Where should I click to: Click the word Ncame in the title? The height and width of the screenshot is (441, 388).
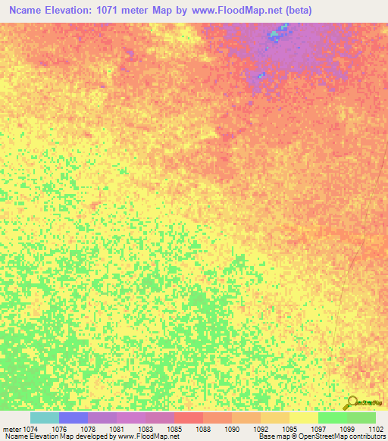pyautogui.click(x=27, y=11)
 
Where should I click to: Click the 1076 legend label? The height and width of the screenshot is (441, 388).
pyautogui.click(x=59, y=428)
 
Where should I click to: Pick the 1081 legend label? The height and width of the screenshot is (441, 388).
pyautogui.click(x=117, y=428)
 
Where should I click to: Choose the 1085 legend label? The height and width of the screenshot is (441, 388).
pyautogui.click(x=174, y=428)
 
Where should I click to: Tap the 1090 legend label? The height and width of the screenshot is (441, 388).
pyautogui.click(x=232, y=428)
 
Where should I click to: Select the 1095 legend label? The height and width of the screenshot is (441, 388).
pyautogui.click(x=289, y=428)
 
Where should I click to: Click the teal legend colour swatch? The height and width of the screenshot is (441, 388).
pyautogui.click(x=45, y=418)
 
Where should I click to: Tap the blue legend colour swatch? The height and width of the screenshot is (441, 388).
pyautogui.click(x=74, y=418)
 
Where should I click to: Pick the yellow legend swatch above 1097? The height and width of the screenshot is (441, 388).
pyautogui.click(x=304, y=418)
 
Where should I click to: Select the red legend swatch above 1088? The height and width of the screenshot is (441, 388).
pyautogui.click(x=189, y=418)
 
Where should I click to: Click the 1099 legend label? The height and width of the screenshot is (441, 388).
pyautogui.click(x=347, y=428)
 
